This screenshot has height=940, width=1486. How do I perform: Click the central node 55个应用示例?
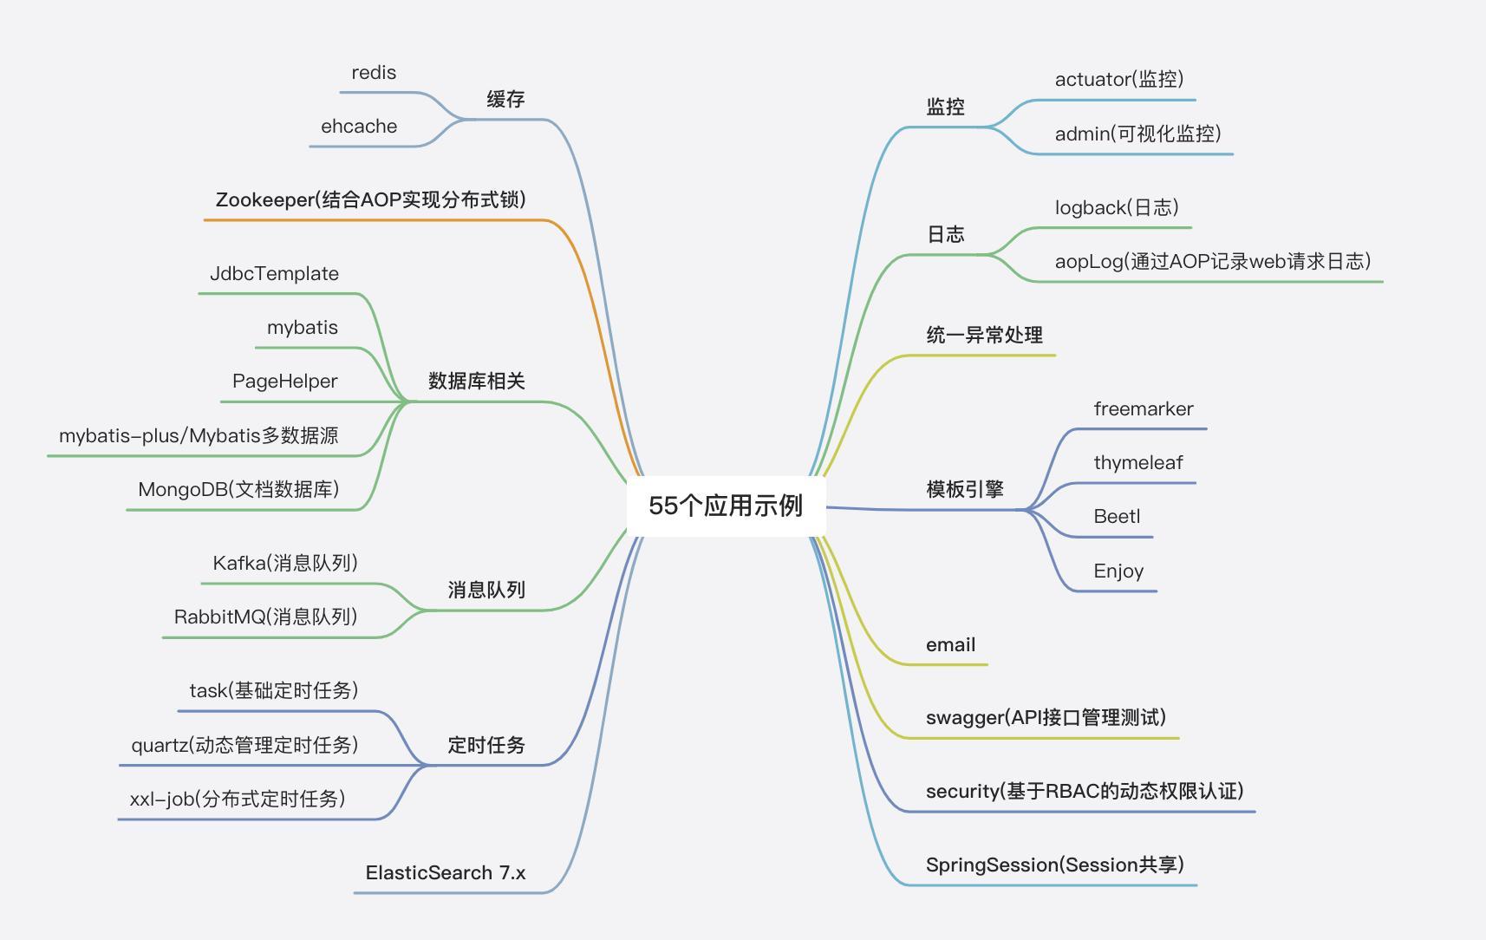click(x=726, y=506)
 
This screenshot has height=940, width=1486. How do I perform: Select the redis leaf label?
click(x=374, y=73)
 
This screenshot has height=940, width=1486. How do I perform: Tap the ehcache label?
click(x=359, y=127)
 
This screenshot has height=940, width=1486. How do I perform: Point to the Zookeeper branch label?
click(x=370, y=200)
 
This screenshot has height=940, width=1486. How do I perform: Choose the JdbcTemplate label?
click(x=274, y=274)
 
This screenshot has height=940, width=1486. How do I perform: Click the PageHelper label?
click(x=284, y=382)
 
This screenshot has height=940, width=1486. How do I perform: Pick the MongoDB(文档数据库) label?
click(x=238, y=490)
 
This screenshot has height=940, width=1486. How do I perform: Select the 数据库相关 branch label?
click(x=476, y=382)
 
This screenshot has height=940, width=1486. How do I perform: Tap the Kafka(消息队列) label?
click(x=284, y=564)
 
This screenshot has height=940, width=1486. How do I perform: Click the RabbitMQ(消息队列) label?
click(x=265, y=617)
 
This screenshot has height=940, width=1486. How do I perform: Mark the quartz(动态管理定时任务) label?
click(x=244, y=746)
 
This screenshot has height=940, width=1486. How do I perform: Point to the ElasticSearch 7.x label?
click(x=445, y=873)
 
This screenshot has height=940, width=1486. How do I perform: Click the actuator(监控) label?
click(x=1118, y=80)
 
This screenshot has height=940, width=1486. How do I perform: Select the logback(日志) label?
click(x=1116, y=208)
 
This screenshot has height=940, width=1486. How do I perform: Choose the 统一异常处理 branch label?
click(x=984, y=336)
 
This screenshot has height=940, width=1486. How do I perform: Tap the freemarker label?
click(x=1143, y=409)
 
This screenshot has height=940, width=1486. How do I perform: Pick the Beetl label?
click(x=1117, y=517)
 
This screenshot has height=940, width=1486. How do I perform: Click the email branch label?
click(x=950, y=645)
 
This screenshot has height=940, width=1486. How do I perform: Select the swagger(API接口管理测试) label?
click(x=1046, y=718)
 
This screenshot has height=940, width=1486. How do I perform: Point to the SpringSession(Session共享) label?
click(x=1054, y=865)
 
